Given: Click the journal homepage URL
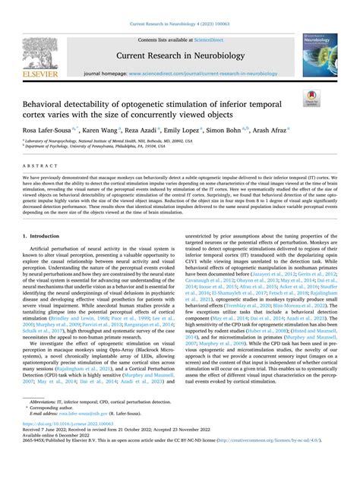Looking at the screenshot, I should (x=201, y=74).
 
